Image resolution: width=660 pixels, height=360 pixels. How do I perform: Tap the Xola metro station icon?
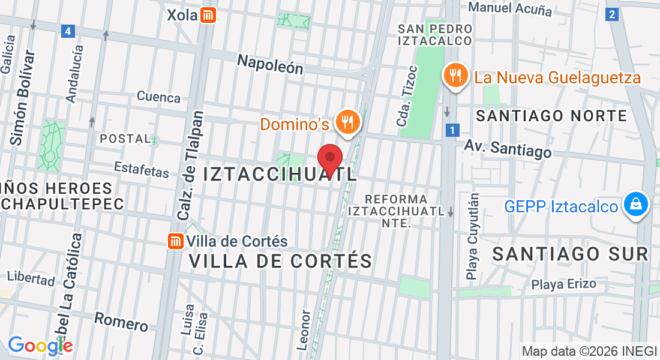208,15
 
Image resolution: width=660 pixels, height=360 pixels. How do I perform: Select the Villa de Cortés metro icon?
175,241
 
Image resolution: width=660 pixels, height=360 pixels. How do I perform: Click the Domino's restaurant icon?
347,122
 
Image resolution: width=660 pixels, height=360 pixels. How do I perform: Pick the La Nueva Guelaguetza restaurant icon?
456,76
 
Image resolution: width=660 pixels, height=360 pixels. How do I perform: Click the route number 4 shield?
68,31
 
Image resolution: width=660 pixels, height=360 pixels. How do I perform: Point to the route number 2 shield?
612,14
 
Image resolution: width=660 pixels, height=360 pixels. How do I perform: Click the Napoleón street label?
270,64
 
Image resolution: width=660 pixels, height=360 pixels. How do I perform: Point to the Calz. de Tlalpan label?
191,164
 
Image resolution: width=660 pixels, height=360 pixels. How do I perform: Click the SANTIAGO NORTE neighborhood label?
551,116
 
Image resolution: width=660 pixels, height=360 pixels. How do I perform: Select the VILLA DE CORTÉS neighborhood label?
280,261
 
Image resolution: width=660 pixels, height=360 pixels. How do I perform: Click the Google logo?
40,345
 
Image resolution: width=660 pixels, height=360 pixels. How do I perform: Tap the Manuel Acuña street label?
510,8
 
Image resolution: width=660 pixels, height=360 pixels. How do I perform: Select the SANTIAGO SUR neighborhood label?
571,254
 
